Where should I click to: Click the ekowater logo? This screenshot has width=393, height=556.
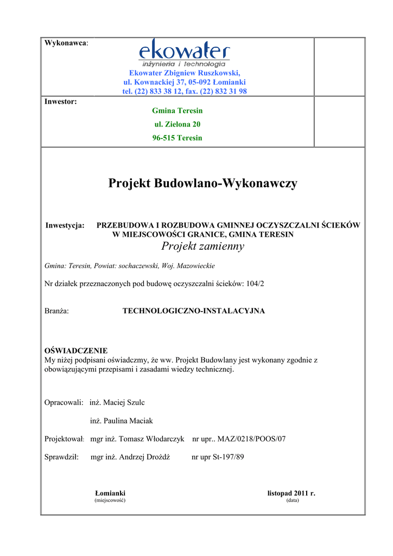click(x=184, y=54)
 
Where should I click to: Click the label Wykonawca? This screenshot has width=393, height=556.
click(x=66, y=43)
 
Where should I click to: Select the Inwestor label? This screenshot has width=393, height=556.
click(x=60, y=101)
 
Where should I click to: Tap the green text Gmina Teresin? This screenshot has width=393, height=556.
click(x=177, y=111)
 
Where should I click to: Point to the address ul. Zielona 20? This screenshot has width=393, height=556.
click(x=177, y=124)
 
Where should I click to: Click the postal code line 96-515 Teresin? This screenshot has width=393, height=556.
click(x=177, y=138)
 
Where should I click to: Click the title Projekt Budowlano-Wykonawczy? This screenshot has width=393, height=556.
click(x=202, y=184)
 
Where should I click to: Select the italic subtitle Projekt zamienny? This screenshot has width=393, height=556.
click(x=202, y=247)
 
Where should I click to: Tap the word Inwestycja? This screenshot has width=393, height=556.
click(x=65, y=225)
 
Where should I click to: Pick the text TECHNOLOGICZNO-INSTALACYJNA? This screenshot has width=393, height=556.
click(x=193, y=311)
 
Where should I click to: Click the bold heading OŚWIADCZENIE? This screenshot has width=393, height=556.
click(x=75, y=351)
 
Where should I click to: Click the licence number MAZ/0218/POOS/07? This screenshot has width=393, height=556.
click(x=251, y=439)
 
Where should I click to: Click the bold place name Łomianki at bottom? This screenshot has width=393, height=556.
click(x=110, y=493)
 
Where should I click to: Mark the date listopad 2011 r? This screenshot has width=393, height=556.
click(x=291, y=493)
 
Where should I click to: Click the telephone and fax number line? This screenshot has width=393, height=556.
click(x=184, y=91)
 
